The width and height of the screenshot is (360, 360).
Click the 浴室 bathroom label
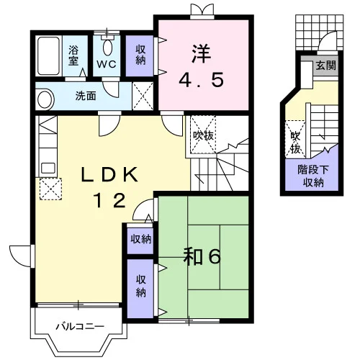[x=73, y=55]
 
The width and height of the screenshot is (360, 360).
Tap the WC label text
[x=107, y=64]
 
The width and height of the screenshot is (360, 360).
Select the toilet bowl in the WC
[x=107, y=48]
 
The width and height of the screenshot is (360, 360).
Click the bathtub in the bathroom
[x=48, y=56]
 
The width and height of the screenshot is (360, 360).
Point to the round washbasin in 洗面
[x=45, y=99]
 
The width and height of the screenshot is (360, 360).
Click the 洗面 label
[x=86, y=96]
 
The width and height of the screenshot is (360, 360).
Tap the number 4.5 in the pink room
[x=201, y=80]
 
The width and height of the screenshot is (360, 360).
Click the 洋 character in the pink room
[x=201, y=54]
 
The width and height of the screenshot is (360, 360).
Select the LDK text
[x=109, y=174]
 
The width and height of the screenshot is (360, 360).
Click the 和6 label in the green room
[x=202, y=257]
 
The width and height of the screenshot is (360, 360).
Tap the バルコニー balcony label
[x=80, y=326]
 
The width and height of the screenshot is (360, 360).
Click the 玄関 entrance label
[x=325, y=65]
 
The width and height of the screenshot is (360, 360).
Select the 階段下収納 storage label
[x=313, y=176]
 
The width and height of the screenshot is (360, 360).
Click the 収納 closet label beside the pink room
[x=140, y=55]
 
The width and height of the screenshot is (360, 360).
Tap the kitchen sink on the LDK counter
[x=48, y=168]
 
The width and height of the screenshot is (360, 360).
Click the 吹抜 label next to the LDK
[x=203, y=136]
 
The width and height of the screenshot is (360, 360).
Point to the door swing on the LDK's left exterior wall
[x=20, y=256]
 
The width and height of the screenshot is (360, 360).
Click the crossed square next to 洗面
[x=143, y=96]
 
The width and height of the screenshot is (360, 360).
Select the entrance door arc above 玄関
[x=328, y=41]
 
